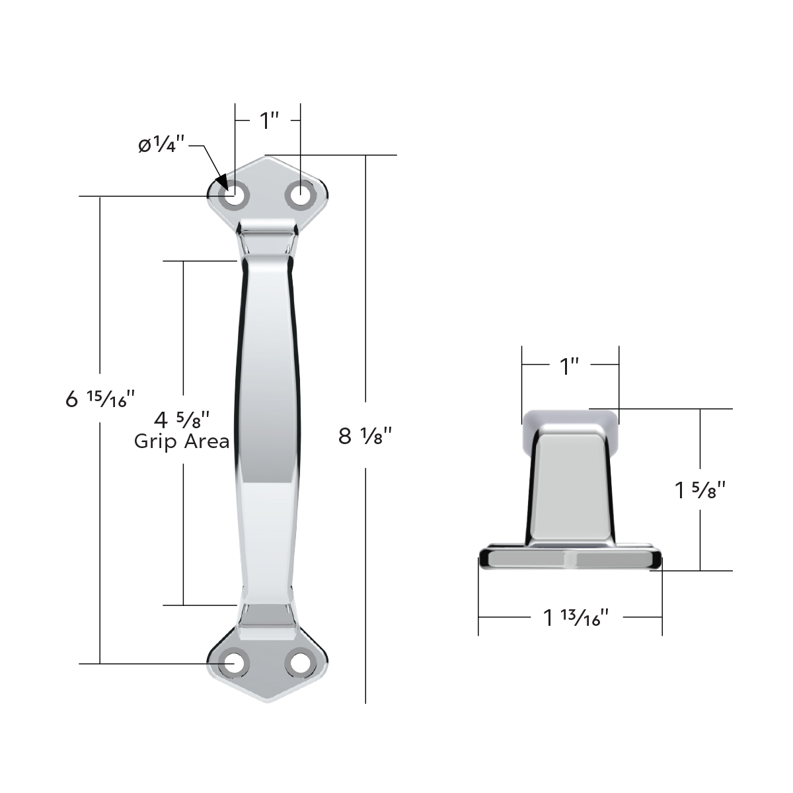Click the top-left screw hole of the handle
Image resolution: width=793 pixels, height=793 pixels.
235,196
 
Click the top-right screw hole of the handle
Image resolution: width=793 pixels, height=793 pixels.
301,196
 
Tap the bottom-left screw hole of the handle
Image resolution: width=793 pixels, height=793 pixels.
235,663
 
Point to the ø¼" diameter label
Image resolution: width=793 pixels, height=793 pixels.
161,145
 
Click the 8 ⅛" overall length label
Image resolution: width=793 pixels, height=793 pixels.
365,436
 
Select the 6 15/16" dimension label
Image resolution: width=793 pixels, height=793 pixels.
100,398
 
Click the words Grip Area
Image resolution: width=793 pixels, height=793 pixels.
182,441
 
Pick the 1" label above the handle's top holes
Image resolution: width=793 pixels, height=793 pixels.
269,121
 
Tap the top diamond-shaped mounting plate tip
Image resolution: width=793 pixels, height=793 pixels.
268,158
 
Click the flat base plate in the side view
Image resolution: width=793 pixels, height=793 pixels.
570,559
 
